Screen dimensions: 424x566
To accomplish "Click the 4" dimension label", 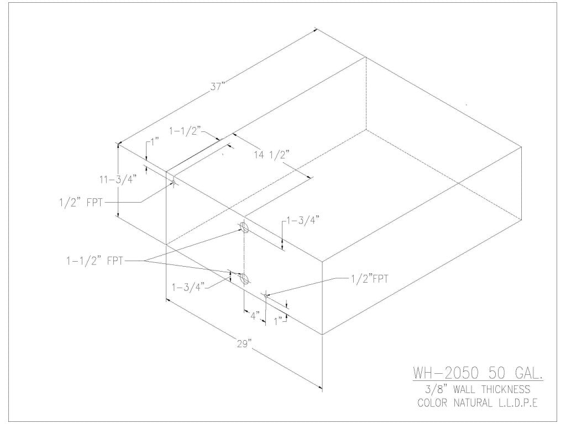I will [255, 317].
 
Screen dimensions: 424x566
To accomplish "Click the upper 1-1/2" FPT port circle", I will [244, 227].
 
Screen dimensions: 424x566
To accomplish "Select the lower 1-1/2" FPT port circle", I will [243, 278].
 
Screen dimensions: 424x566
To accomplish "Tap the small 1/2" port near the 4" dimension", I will [266, 296].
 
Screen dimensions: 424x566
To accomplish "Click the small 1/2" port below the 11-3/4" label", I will [173, 182].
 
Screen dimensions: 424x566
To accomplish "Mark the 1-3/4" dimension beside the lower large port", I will [189, 287].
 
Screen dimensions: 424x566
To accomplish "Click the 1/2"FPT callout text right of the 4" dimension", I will [369, 279].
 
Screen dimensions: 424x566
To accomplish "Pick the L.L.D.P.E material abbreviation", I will [517, 403].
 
